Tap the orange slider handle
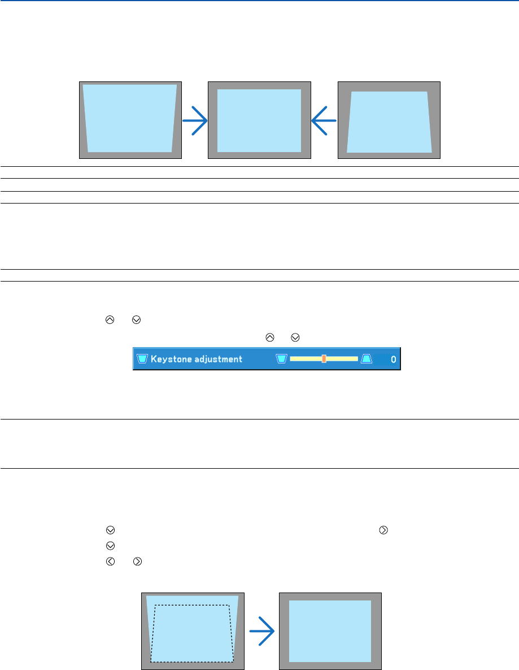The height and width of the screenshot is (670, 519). pyautogui.click(x=324, y=358)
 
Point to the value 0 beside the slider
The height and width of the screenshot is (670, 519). pyautogui.click(x=393, y=359)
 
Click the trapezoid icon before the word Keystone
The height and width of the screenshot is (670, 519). pyautogui.click(x=142, y=359)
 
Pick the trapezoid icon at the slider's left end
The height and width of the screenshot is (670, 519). pyautogui.click(x=282, y=358)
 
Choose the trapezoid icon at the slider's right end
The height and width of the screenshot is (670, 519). pyautogui.click(x=366, y=358)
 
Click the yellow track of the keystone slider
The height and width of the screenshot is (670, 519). pyautogui.click(x=305, y=358)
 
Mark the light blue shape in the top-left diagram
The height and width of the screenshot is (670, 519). pyautogui.click(x=130, y=118)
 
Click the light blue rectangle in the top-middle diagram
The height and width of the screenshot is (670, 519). pyautogui.click(x=259, y=120)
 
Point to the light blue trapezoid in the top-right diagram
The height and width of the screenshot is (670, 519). pyautogui.click(x=389, y=122)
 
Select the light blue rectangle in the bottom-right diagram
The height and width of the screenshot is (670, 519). pyautogui.click(x=330, y=630)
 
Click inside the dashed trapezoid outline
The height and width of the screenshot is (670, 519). pyautogui.click(x=192, y=633)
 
